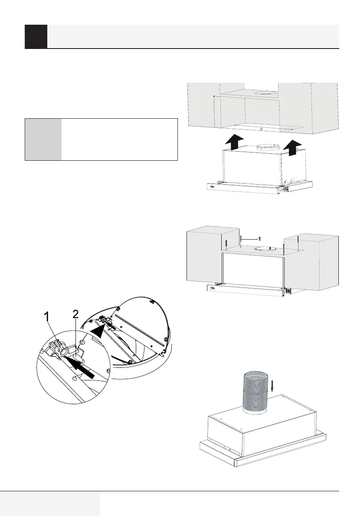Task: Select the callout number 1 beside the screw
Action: click(x=259, y=239)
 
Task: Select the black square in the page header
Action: click(x=36, y=36)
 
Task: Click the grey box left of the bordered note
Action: click(x=43, y=140)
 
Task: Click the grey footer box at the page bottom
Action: click(x=49, y=503)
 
